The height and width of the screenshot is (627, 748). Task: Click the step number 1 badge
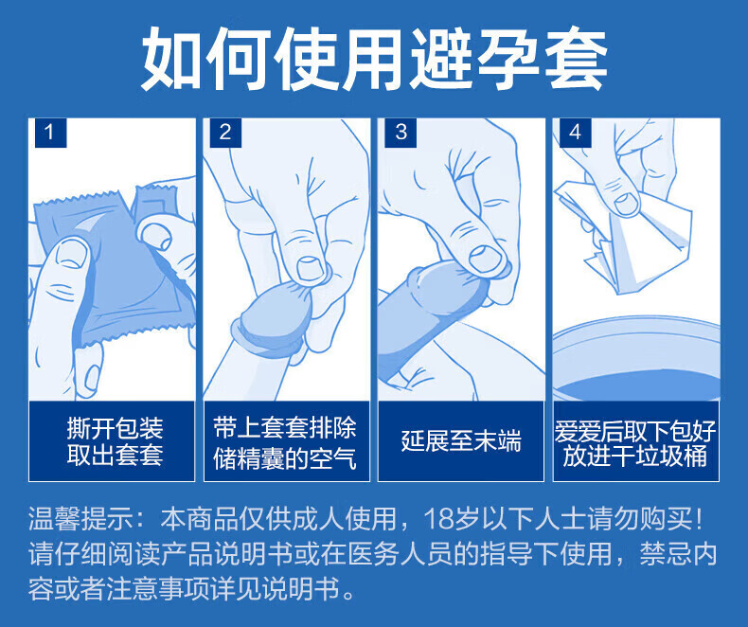pos(50,133)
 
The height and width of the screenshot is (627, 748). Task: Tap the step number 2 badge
pos(225,133)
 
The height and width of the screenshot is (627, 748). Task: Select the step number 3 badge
pos(401,133)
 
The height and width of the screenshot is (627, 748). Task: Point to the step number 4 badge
pos(576,133)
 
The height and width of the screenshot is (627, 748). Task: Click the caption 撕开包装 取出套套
pos(115,441)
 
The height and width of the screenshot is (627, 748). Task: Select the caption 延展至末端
pos(461,440)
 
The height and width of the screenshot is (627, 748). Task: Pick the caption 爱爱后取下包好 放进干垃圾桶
pos(635,443)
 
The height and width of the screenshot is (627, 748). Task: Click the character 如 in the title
pos(172,59)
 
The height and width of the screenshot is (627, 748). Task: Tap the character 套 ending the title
pos(576,59)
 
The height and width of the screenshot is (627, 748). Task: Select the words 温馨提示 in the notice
pos(81,519)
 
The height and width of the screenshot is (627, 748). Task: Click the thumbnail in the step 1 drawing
pos(72,252)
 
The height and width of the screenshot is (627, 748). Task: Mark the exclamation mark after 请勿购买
pos(700,519)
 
